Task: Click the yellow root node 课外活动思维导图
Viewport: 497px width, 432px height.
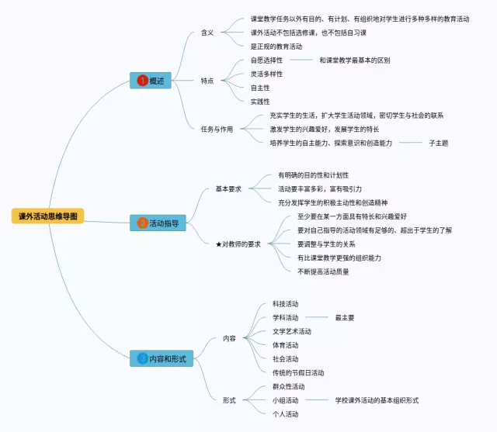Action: pos(48,216)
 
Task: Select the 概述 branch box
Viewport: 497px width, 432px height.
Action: pos(151,80)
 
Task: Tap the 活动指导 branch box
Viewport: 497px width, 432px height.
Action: pos(158,223)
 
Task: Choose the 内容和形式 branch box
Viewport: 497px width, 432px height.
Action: pos(162,358)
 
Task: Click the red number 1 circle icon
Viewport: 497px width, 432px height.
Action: pos(142,80)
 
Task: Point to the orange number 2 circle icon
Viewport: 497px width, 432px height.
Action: pos(142,223)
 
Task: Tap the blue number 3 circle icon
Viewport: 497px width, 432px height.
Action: pos(142,358)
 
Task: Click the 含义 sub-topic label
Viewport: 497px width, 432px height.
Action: pos(207,33)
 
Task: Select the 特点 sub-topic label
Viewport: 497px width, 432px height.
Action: pos(207,80)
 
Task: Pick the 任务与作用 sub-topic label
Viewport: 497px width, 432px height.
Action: pos(217,129)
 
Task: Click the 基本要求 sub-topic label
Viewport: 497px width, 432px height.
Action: pos(228,188)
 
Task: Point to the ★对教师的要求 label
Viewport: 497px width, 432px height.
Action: pos(238,244)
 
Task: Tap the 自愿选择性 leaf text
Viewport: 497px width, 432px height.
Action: pos(266,60)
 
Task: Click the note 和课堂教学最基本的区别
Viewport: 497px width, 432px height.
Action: pos(354,60)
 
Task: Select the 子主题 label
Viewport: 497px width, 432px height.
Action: pos(439,143)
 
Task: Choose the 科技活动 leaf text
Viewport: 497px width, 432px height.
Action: pos(285,303)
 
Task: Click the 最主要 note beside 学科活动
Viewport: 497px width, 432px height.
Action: pos(345,317)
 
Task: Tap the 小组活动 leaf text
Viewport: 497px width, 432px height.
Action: pos(285,400)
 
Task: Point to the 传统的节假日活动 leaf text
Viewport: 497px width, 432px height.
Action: pos(298,372)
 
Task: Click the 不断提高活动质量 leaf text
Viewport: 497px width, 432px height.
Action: pos(323,271)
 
